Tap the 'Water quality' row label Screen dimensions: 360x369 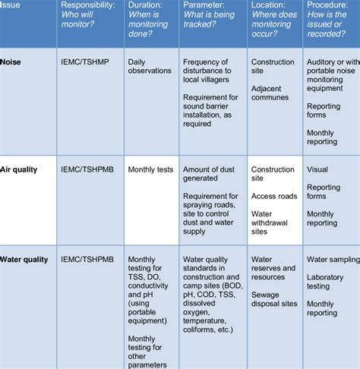tap(25, 259)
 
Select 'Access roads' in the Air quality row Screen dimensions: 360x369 tap(275, 195)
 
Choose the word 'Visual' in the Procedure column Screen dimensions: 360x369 tap(317, 169)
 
